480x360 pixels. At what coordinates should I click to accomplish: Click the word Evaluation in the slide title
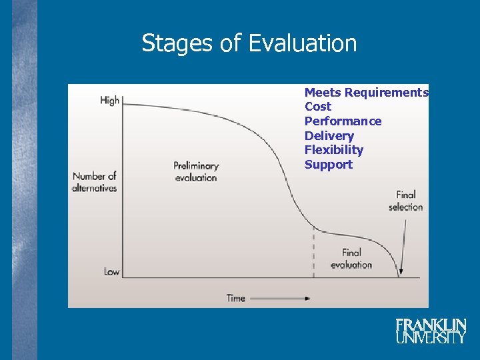[x=303, y=44]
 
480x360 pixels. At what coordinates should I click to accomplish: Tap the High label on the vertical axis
[x=109, y=101]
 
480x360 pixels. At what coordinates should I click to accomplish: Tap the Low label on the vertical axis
[x=111, y=271]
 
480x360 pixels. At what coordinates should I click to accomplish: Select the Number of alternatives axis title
[x=95, y=182]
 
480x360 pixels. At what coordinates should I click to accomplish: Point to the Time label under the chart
[x=236, y=298]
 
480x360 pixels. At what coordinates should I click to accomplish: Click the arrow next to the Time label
[x=280, y=298]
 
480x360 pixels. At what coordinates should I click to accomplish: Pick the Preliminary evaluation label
[x=196, y=171]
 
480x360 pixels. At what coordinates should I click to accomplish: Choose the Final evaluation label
[x=351, y=259]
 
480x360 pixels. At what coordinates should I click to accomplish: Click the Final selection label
[x=405, y=201]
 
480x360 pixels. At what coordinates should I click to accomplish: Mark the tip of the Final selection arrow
[x=400, y=275]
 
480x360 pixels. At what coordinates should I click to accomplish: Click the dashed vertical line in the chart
[x=313, y=253]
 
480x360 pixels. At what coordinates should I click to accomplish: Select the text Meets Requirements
[x=366, y=93]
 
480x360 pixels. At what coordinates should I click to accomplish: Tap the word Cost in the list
[x=317, y=107]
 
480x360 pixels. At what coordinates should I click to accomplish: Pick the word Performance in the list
[x=343, y=121]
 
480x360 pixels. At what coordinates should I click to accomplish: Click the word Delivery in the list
[x=329, y=136]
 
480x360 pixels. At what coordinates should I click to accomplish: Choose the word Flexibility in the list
[x=334, y=150]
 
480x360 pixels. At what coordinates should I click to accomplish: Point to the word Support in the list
[x=328, y=165]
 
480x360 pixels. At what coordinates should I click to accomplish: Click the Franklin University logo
[x=431, y=331]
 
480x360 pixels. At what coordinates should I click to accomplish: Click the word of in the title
[x=229, y=44]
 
